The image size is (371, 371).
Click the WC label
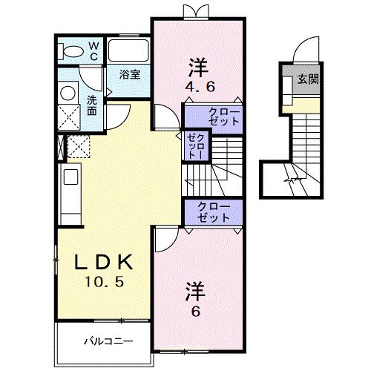(x=94, y=50)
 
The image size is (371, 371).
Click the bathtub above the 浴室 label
(x=129, y=50)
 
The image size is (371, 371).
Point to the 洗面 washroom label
(x=91, y=105)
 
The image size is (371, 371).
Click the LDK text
(x=104, y=262)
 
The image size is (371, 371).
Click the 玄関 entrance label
(x=309, y=79)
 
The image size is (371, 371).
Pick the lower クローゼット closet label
(x=213, y=211)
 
